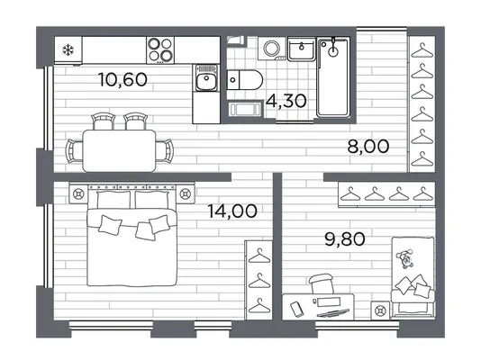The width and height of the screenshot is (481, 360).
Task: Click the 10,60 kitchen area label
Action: [x=123, y=80]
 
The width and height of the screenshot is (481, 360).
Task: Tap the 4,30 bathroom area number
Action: [x=286, y=101]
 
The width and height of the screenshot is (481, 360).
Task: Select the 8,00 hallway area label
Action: [x=368, y=146]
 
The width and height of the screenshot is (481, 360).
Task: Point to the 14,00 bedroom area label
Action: [x=232, y=211]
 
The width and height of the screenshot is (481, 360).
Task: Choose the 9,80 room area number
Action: [x=345, y=239]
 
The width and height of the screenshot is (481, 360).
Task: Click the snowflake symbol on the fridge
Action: [x=68, y=49]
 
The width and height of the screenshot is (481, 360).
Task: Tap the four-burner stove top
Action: [x=160, y=49]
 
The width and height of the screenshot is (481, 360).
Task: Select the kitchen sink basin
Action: [x=206, y=78]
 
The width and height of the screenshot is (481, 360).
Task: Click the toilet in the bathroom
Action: [x=245, y=80]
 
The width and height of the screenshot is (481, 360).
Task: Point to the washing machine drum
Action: [x=271, y=48]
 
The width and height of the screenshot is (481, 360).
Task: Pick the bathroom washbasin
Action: [x=301, y=49]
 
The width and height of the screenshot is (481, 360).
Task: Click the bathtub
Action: [x=333, y=77]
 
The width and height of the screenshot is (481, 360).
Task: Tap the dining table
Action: [x=119, y=150]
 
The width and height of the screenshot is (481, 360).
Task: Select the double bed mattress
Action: [x=132, y=247]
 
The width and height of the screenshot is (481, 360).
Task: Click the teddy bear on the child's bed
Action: [x=405, y=259]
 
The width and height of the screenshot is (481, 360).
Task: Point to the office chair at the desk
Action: [x=322, y=283]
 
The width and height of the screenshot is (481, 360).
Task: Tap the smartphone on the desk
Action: [x=296, y=309]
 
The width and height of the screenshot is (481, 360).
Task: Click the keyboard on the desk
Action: [x=333, y=313]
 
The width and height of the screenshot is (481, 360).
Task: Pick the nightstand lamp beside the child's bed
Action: [x=380, y=310]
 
